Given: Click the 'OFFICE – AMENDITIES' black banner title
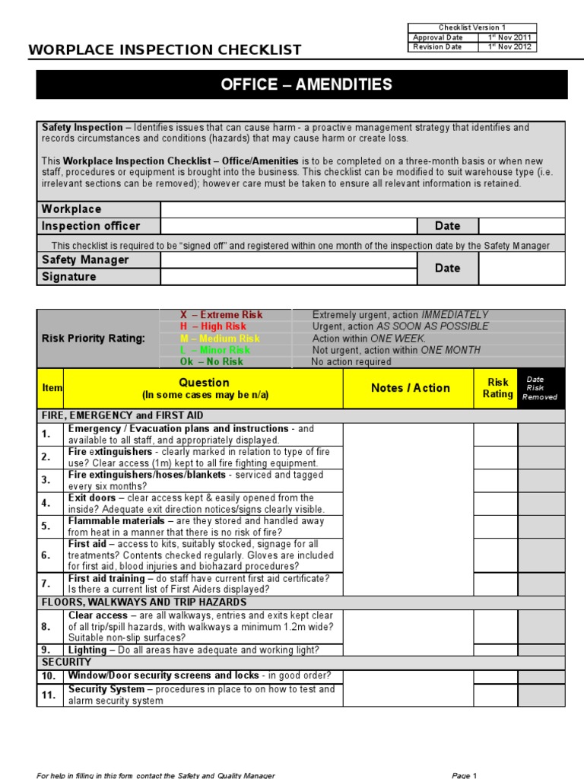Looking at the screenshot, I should [306, 84].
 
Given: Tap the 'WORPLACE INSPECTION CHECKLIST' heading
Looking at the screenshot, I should [165, 50].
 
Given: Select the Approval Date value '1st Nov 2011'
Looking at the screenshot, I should [507, 37].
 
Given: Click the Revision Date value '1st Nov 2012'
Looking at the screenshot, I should [507, 46].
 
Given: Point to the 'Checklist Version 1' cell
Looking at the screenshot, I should [472, 27].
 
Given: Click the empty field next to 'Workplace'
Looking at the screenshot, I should [363, 209].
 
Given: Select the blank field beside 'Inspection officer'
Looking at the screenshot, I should [289, 226].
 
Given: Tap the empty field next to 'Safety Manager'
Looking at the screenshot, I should [289, 260].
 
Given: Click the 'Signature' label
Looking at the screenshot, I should [69, 277].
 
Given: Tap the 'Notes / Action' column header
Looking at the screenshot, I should [411, 388].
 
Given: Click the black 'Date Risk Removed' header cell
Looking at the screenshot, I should [541, 388].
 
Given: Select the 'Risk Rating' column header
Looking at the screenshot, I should [497, 388].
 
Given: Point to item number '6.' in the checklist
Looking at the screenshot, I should [46, 555].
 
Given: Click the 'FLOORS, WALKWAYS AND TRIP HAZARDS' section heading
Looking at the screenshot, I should [144, 603].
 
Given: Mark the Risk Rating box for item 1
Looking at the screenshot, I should [496, 434].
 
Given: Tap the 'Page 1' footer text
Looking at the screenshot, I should [464, 775].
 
